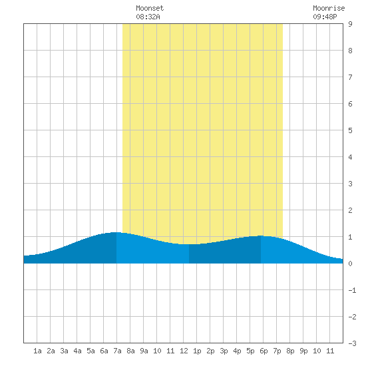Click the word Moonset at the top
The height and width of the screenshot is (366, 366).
(x=150, y=8)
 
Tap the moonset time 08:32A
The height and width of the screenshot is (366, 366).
(x=148, y=17)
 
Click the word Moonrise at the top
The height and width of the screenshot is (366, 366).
(x=329, y=8)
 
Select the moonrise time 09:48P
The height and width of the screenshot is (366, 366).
(x=325, y=17)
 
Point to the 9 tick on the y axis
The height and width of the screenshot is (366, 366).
(x=350, y=24)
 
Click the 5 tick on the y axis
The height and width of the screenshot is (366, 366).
(x=350, y=130)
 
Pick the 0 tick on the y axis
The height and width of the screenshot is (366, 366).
(x=350, y=264)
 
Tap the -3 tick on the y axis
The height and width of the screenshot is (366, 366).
(x=352, y=343)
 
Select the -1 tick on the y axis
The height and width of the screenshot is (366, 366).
(x=352, y=290)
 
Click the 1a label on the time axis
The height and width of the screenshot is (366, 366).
(x=37, y=351)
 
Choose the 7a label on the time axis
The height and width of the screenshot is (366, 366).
(x=117, y=351)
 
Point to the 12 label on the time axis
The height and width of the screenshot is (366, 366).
(x=184, y=351)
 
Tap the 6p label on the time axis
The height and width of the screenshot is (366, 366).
(x=264, y=351)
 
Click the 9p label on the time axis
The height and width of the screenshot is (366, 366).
(x=303, y=351)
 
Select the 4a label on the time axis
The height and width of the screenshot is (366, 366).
(x=77, y=351)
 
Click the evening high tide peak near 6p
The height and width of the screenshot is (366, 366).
(x=261, y=236)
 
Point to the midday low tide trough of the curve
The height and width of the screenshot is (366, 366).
(x=189, y=244)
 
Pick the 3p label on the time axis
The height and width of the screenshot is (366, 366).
(x=224, y=351)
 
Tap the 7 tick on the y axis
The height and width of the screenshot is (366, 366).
(x=350, y=77)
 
